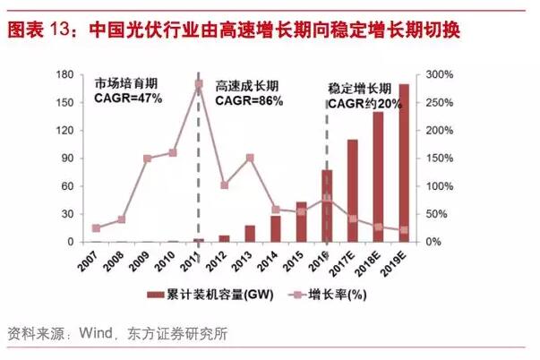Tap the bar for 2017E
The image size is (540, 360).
(x=353, y=191)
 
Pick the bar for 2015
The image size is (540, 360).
(x=301, y=222)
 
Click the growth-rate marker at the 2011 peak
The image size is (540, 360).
(x=198, y=85)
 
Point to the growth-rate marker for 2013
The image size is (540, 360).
(x=250, y=159)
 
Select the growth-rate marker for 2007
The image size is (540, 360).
(x=96, y=228)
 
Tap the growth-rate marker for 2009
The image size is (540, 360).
(x=147, y=159)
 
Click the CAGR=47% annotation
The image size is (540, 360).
(x=128, y=97)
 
